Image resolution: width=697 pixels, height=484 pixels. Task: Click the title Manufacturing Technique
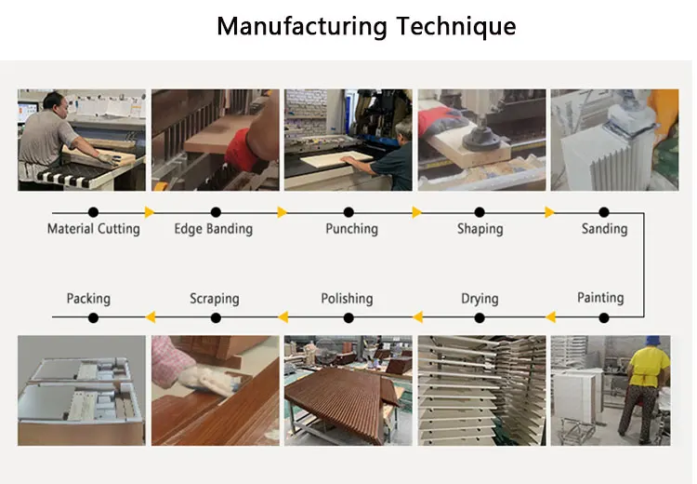point(365,26)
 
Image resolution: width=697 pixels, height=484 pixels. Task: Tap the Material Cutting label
point(93,228)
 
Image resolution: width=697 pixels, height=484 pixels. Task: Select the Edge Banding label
point(213,228)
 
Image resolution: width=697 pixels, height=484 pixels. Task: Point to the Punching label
point(351,228)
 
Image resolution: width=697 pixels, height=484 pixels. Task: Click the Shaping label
point(480,228)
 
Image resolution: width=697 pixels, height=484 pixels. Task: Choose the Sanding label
point(604,228)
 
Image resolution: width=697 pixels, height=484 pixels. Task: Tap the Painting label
point(599,298)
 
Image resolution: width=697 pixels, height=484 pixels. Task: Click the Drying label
point(480,299)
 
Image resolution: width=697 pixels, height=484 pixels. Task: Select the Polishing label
point(347,299)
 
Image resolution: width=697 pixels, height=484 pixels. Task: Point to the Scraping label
point(214,299)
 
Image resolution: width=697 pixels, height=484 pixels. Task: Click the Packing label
point(88,299)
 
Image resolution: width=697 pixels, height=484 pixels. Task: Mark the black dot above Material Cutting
point(93,212)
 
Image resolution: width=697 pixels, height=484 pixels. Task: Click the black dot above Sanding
point(604,212)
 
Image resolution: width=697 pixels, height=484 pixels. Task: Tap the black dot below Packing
point(93,317)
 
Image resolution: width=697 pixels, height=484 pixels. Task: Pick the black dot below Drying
point(480,317)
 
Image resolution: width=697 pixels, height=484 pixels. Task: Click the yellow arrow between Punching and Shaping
point(416,212)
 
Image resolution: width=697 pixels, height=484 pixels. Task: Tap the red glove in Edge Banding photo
point(245,149)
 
